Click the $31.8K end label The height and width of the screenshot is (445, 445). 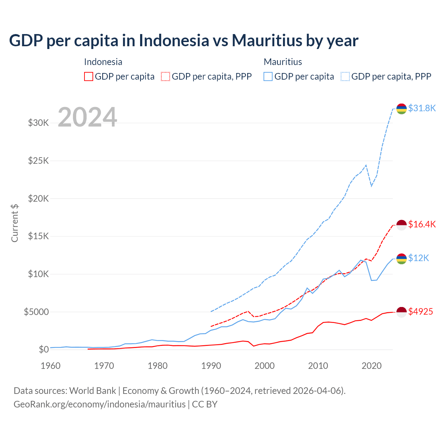(422, 108)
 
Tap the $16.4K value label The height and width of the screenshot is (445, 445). (422, 224)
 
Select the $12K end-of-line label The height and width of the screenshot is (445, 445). (419, 258)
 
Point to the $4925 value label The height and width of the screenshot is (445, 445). (420, 311)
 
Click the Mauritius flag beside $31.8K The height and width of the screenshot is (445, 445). (402, 109)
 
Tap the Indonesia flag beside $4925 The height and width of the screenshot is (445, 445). (402, 312)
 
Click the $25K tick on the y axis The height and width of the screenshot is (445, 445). (38, 161)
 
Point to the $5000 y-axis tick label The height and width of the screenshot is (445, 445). (36, 312)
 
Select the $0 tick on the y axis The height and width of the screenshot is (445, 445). (43, 349)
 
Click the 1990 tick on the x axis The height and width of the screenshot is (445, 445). (211, 366)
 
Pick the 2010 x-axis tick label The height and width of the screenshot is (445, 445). (318, 366)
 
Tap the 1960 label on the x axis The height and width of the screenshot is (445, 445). (51, 366)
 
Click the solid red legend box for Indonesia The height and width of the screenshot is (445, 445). (89, 76)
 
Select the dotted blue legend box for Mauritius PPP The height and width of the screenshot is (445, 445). (345, 76)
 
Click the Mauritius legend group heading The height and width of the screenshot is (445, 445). (283, 62)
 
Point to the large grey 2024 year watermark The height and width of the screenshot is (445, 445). (87, 117)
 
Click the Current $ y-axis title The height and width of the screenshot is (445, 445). (15, 223)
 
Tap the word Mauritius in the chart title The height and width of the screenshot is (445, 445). (267, 40)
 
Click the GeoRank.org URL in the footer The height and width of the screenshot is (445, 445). (99, 404)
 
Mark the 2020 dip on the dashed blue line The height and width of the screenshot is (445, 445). (371, 186)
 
